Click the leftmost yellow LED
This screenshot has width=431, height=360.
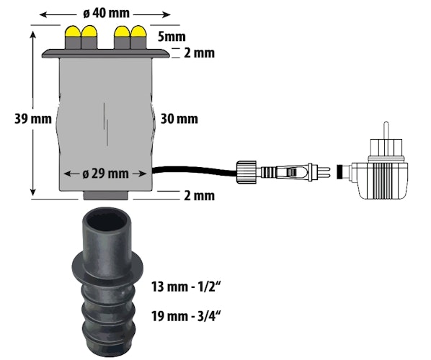[73, 33]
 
